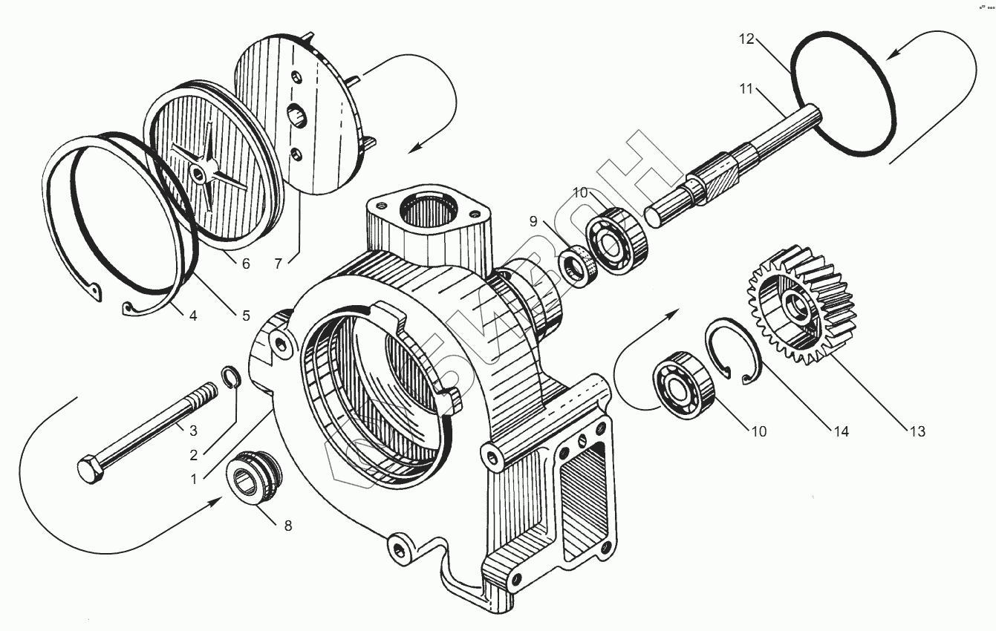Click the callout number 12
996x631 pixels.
point(746,39)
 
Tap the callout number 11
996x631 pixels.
point(746,90)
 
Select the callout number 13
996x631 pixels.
point(917,431)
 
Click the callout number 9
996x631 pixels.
point(533,220)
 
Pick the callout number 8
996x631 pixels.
point(287,526)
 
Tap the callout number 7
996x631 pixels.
point(278,264)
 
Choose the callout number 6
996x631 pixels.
point(245,264)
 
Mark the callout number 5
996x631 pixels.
point(246,315)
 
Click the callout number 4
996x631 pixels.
point(192,315)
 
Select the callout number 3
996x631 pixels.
point(192,430)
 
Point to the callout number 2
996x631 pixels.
point(192,456)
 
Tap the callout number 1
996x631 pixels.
point(194,480)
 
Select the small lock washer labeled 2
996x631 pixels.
point(232,376)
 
